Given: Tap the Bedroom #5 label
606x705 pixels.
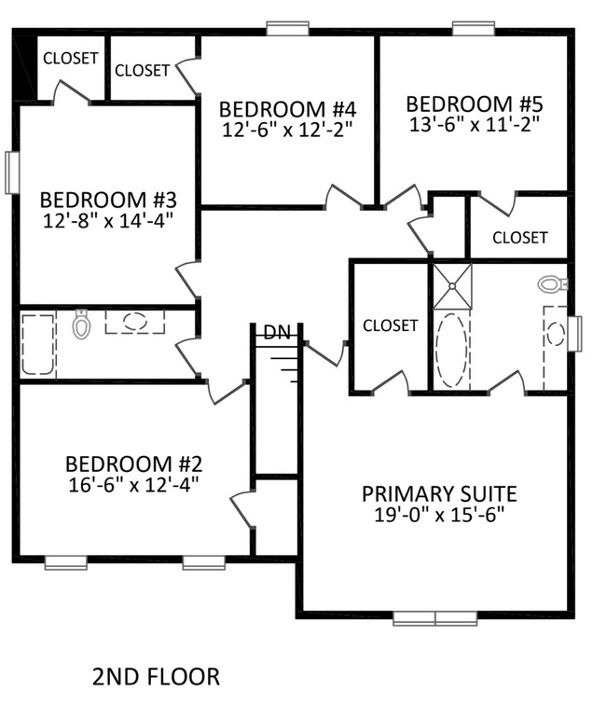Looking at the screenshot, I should (474, 103).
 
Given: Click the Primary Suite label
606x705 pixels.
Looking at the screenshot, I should (439, 493).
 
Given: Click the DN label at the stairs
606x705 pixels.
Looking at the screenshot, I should (276, 332).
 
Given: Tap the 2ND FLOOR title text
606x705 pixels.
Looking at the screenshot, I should (156, 675).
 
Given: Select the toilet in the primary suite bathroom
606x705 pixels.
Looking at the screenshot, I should (554, 283).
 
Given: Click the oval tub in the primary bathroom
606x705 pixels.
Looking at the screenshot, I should (452, 351).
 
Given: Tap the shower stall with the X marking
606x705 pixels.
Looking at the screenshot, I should (452, 284).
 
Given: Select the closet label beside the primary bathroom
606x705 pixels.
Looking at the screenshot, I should (390, 325).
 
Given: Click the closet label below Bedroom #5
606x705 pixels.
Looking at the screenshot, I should (519, 237).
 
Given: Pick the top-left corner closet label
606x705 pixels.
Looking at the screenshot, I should (70, 58).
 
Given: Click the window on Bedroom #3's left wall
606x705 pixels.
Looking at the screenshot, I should (12, 173).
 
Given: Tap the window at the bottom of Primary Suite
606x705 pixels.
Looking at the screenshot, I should (434, 616).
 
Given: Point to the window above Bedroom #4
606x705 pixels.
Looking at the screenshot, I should (287, 29).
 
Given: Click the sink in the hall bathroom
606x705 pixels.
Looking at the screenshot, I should (134, 322).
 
